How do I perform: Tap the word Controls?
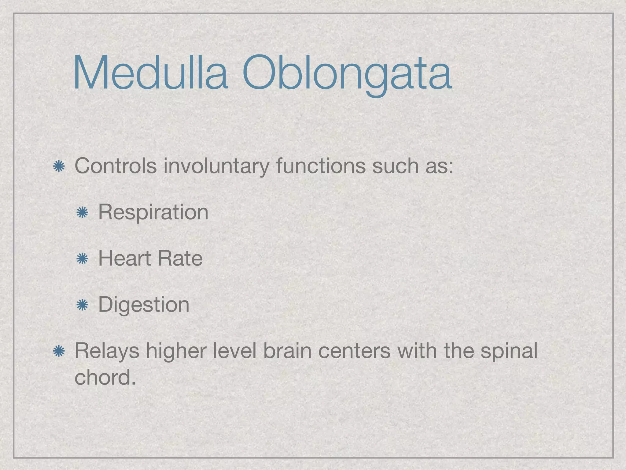(116, 166)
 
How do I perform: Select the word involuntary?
(216, 167)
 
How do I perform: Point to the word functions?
(321, 166)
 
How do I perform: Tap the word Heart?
(125, 259)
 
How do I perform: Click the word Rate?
(180, 259)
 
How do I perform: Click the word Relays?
(107, 352)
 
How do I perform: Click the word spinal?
(509, 352)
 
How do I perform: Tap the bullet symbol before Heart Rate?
(82, 259)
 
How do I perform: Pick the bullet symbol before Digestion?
(82, 305)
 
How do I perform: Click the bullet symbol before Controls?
(58, 167)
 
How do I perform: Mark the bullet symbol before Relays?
(58, 351)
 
